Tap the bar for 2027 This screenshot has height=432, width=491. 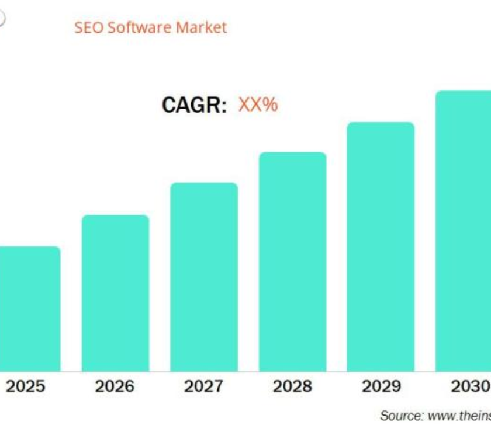(x=204, y=277)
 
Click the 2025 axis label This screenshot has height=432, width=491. (x=26, y=386)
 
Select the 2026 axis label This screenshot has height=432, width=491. (x=115, y=386)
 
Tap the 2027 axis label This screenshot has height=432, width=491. (x=203, y=386)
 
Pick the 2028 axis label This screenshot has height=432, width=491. (x=292, y=386)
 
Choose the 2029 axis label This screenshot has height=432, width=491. (x=381, y=386)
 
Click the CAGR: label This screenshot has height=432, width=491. (x=193, y=106)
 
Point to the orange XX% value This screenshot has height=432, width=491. (x=258, y=105)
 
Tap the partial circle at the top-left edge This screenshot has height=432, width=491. (x=2, y=17)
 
